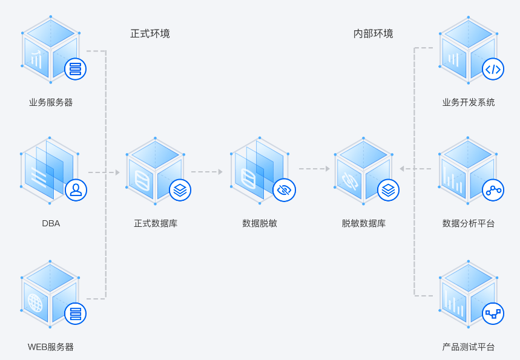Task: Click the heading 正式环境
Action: pyautogui.click(x=150, y=34)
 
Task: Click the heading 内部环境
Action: pyautogui.click(x=373, y=34)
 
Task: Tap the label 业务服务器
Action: pyautogui.click(x=51, y=102)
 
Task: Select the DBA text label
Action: pyautogui.click(x=51, y=223)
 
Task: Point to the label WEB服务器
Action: pyautogui.click(x=51, y=347)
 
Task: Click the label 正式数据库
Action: pyautogui.click(x=156, y=223)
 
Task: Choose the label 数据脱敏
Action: pyautogui.click(x=260, y=223)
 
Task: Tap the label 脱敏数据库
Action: pyautogui.click(x=363, y=223)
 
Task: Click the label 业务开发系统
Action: pyautogui.click(x=469, y=102)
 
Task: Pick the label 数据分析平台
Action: pyautogui.click(x=469, y=223)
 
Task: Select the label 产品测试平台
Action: pyautogui.click(x=469, y=347)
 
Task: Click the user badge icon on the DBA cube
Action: pyautogui.click(x=76, y=190)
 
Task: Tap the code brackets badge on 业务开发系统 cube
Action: pyautogui.click(x=493, y=69)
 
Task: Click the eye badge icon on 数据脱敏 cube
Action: pyautogui.click(x=284, y=190)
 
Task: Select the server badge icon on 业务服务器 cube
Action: pyautogui.click(x=75, y=69)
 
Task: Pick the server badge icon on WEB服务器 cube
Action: pyautogui.click(x=75, y=313)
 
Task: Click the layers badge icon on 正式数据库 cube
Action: pyautogui.click(x=180, y=190)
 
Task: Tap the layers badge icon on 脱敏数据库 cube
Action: pyautogui.click(x=388, y=190)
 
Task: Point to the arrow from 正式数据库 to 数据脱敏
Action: pyautogui.click(x=207, y=172)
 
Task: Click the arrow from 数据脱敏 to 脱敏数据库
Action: pyautogui.click(x=314, y=169)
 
